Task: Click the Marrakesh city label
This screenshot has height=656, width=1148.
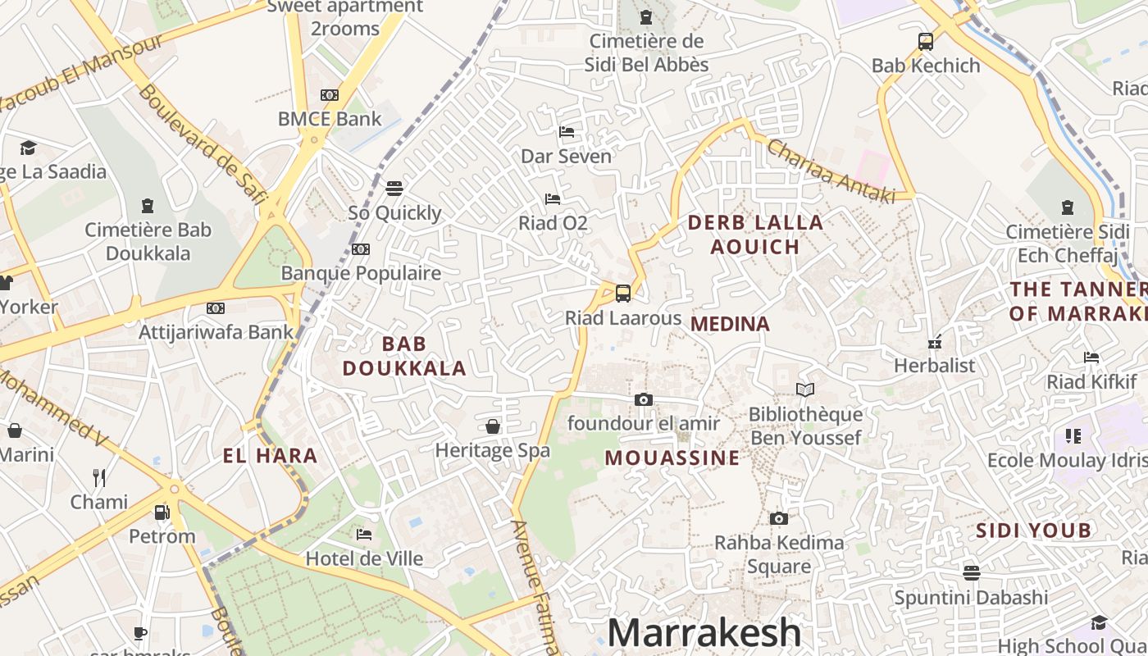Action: (x=704, y=633)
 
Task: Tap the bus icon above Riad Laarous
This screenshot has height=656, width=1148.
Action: (x=623, y=293)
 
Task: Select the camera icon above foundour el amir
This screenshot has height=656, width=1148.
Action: (x=644, y=399)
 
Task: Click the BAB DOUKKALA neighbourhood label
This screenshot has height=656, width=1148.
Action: (x=404, y=356)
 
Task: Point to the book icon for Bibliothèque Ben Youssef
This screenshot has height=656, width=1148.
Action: (x=805, y=390)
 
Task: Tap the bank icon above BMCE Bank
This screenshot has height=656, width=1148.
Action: (x=330, y=95)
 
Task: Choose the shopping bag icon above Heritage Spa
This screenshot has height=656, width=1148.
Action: (x=493, y=426)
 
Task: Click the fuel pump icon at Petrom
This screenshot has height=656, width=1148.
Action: (x=162, y=512)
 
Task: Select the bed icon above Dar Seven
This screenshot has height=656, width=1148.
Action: (x=567, y=131)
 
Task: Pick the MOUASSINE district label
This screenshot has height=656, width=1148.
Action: (x=672, y=458)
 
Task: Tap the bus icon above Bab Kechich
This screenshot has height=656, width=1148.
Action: (x=926, y=41)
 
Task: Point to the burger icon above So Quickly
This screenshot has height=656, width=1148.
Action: (x=394, y=189)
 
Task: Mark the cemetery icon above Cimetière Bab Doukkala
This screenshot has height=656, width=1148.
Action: (x=148, y=205)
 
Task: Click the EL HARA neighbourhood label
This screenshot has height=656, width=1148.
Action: (x=270, y=456)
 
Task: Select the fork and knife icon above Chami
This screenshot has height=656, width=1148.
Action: (x=99, y=477)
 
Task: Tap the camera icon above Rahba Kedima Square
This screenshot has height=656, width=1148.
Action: (x=778, y=518)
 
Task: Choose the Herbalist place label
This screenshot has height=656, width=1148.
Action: (x=935, y=365)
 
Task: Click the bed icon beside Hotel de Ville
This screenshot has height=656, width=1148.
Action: (x=364, y=535)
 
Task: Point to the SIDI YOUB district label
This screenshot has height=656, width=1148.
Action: (x=1032, y=531)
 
